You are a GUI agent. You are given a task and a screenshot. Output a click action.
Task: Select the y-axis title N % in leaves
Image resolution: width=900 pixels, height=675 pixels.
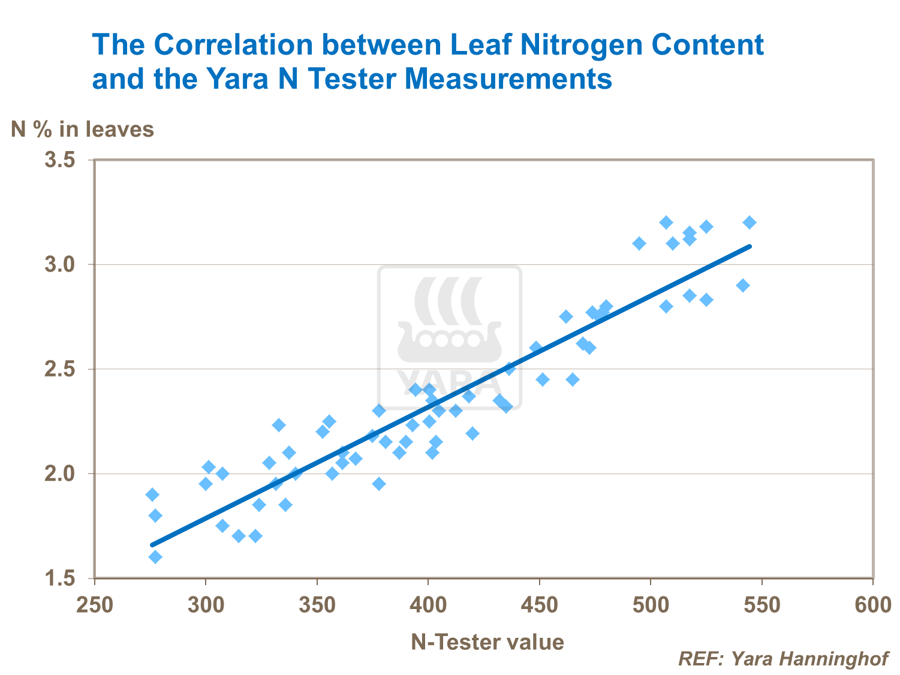pos(83,129)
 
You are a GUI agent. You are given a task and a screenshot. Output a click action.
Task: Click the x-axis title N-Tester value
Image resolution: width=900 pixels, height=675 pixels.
pos(487,642)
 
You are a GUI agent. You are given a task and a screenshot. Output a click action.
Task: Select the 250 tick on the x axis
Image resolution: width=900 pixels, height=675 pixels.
pos(95,605)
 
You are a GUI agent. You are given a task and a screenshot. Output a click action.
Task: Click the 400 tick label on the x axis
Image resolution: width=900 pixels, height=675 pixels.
pos(428,605)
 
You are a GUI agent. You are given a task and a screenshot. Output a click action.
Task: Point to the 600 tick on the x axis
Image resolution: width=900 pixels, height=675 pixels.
pos(873,605)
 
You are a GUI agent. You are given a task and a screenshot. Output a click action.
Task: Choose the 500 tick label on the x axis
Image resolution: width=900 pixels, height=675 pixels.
pos(651,605)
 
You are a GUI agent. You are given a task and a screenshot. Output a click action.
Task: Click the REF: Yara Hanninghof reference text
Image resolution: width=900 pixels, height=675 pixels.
pos(783,659)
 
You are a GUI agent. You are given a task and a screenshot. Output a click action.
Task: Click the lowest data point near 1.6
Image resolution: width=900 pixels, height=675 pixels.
pos(155,557)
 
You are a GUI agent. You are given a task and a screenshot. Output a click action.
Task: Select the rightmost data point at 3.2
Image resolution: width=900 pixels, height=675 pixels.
pos(750,222)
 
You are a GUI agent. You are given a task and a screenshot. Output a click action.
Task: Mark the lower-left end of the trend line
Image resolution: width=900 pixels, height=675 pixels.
pos(152,545)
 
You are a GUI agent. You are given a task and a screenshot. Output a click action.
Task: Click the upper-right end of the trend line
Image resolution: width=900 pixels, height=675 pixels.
pos(750,246)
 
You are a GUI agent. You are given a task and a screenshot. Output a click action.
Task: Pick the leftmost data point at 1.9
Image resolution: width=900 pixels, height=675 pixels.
pos(152,495)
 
